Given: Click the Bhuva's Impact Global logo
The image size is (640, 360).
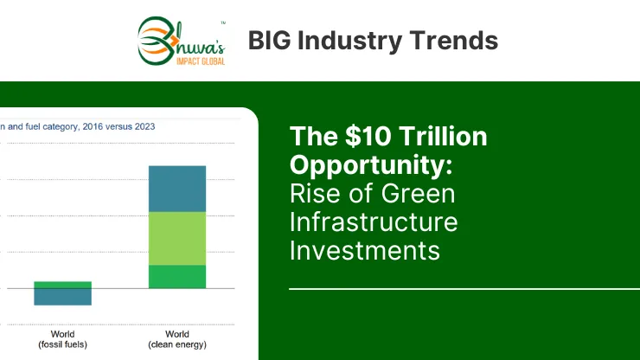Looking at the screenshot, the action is click(x=182, y=41).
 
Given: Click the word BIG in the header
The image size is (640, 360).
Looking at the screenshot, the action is click(x=270, y=41).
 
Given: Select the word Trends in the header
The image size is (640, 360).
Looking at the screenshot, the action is click(x=453, y=41).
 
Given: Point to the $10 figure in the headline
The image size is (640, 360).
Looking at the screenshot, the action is click(x=368, y=136).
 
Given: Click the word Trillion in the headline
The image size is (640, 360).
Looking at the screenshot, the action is click(x=443, y=136).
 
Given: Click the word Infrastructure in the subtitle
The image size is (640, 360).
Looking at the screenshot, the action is click(x=374, y=222).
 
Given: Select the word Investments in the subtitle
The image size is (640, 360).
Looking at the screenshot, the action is click(x=365, y=250).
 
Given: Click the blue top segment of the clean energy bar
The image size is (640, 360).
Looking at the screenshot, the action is click(x=177, y=189).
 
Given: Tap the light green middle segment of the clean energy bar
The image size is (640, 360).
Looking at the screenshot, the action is click(x=177, y=239).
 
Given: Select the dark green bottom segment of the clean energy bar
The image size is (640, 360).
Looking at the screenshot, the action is click(x=177, y=277).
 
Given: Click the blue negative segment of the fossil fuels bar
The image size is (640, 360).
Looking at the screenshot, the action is click(x=62, y=297).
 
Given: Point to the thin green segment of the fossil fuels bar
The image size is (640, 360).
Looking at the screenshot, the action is click(x=62, y=285).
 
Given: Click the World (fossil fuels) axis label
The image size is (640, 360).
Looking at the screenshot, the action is click(x=62, y=339).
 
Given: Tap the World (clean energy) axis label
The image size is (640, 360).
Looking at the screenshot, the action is click(x=177, y=339).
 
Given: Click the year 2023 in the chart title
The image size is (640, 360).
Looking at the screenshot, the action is click(x=145, y=126).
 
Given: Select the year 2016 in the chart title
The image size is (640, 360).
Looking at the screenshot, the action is click(x=93, y=126).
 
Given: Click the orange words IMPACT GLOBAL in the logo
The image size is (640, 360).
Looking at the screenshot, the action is click(x=201, y=61).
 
